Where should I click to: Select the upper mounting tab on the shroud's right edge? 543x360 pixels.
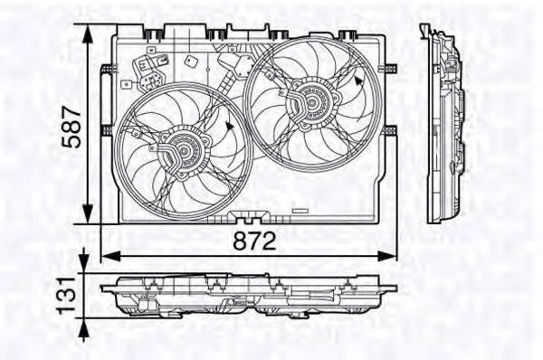point(390,69)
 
